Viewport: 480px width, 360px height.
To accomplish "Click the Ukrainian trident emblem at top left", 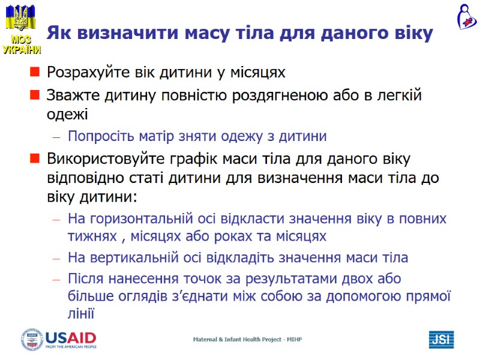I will click(x=20, y=18).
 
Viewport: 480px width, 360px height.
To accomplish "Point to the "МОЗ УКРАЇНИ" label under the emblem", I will click(x=21, y=45).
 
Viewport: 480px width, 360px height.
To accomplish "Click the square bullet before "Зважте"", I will click(x=35, y=95).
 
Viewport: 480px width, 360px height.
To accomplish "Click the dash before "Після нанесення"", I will click(x=56, y=280).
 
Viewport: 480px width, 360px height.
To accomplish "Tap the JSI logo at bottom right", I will click(x=440, y=340).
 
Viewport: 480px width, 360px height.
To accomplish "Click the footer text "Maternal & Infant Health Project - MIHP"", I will click(x=247, y=340).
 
